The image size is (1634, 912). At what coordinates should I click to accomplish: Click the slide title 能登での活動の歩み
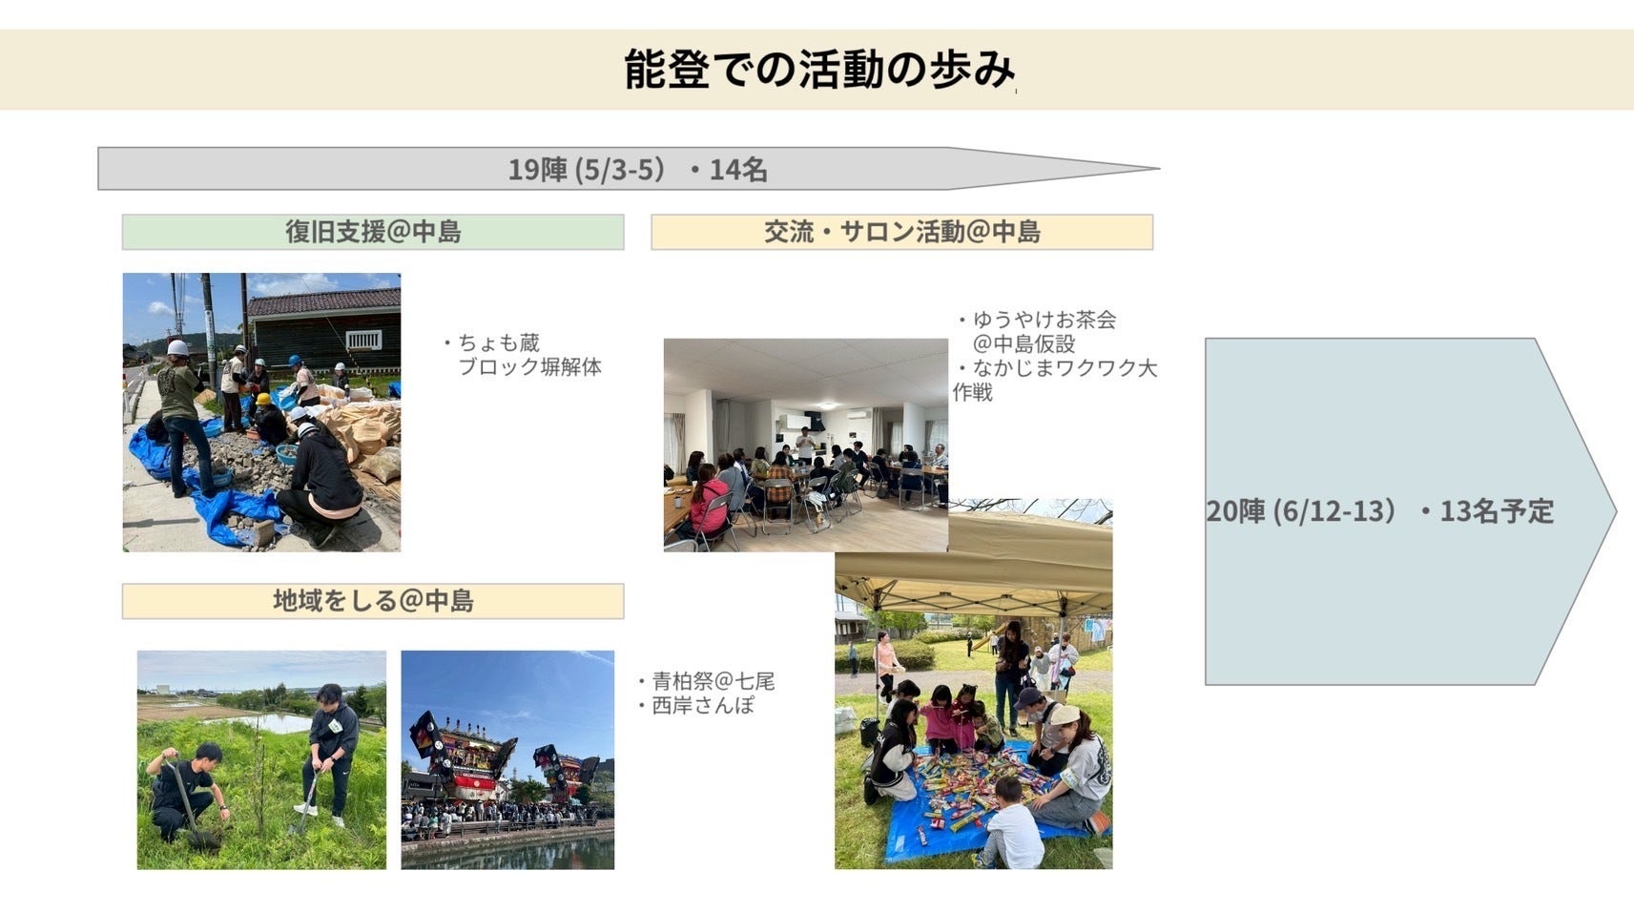(819, 70)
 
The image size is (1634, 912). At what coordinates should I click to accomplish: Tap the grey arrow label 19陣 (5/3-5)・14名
(637, 169)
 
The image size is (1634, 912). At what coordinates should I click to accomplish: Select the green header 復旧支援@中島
(373, 232)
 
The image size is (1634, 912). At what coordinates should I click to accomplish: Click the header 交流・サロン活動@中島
(901, 232)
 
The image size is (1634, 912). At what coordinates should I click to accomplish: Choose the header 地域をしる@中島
(373, 601)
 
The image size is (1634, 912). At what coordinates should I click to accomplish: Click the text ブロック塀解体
(529, 366)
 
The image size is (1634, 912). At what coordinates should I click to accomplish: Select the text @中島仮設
(1024, 343)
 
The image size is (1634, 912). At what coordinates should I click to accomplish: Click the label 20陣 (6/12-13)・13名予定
(1379, 510)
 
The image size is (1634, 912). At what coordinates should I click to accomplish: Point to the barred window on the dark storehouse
(364, 340)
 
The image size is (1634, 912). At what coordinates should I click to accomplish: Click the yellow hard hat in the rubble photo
(262, 399)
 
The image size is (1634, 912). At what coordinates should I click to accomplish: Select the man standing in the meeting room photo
(804, 445)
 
